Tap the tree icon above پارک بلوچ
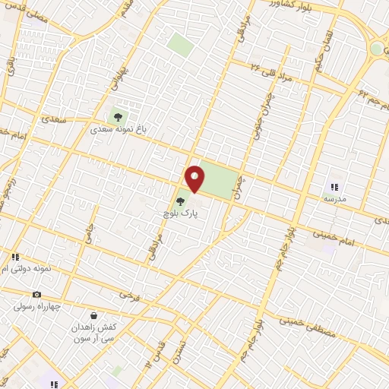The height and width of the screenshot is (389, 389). click(x=180, y=202)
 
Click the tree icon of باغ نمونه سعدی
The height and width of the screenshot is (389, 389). click(x=117, y=116)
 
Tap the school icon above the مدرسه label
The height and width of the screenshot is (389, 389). click(x=333, y=186)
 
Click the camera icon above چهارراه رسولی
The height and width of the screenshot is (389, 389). click(x=36, y=294)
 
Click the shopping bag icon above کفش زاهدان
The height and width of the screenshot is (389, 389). click(x=93, y=315)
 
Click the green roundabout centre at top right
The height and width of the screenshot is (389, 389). click(x=378, y=48)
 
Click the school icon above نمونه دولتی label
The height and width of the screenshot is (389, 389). click(x=15, y=257)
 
